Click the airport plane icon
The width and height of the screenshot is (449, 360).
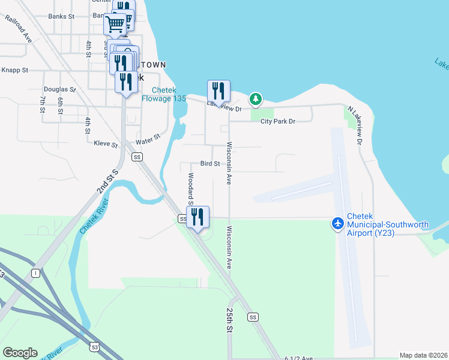click(338, 223)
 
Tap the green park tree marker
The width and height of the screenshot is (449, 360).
click(256, 98)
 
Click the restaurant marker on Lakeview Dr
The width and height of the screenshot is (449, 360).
click(219, 92)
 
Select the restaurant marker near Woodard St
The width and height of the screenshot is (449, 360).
click(197, 218)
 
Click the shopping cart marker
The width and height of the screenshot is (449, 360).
click(115, 25)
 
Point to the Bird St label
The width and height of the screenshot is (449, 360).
click(209, 164)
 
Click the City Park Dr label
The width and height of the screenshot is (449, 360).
click(278, 121)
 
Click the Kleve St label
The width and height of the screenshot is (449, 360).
click(106, 143)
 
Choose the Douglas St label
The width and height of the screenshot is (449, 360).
click(59, 89)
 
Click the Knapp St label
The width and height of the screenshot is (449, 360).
click(14, 70)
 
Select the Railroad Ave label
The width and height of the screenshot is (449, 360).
click(19, 28)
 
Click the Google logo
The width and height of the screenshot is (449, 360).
click(20, 353)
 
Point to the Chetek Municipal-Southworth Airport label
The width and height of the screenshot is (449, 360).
click(388, 229)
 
